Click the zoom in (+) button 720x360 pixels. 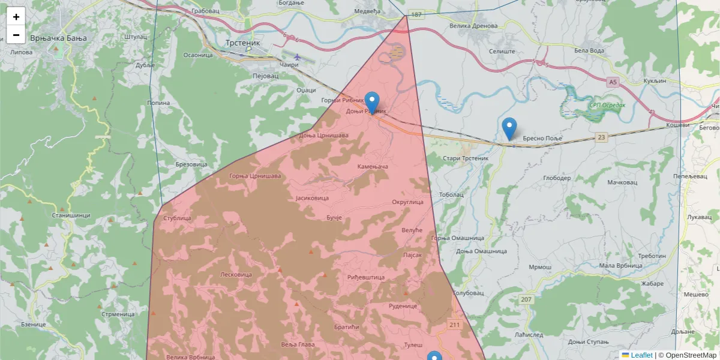pos(16,17)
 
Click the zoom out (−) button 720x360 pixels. pos(16,35)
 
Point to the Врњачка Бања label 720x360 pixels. pos(58,38)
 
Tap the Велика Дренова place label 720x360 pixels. pos(473,26)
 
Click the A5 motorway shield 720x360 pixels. pos(612,82)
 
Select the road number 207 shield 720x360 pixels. pos(526,299)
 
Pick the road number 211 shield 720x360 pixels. pos(455,325)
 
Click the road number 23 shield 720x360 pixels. pos(601,137)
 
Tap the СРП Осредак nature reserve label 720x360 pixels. pos(607,105)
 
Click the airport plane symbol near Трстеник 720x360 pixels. pos(297,57)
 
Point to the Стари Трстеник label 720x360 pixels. pos(466,158)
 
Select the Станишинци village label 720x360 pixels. pos(71,215)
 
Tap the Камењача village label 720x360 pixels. pos(373,166)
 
